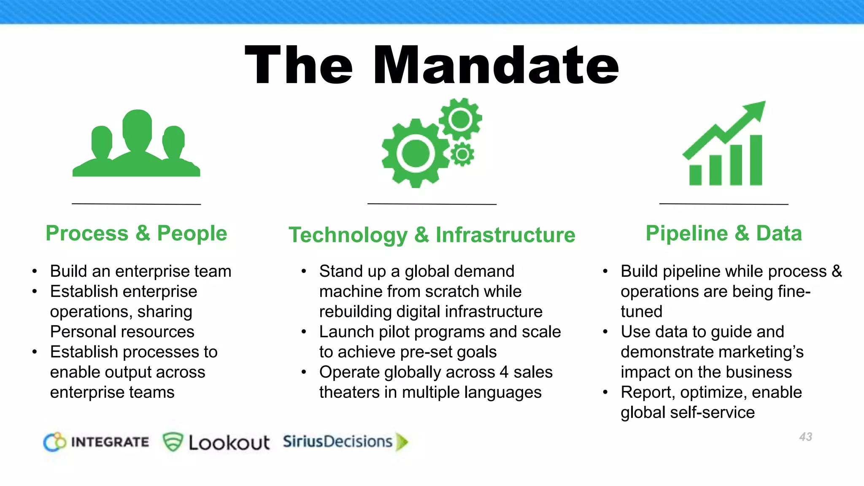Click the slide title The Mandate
click(432, 65)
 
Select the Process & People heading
click(136, 233)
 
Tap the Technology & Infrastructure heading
click(432, 235)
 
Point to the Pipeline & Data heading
click(724, 233)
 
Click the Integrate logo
click(96, 442)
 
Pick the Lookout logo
click(216, 442)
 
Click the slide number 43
click(805, 437)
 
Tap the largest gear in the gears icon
click(416, 153)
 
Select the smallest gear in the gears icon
click(462, 155)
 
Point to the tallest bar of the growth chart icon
click(756, 160)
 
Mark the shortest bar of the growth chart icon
click(695, 175)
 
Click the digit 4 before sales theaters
click(504, 372)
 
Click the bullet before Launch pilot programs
click(304, 332)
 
